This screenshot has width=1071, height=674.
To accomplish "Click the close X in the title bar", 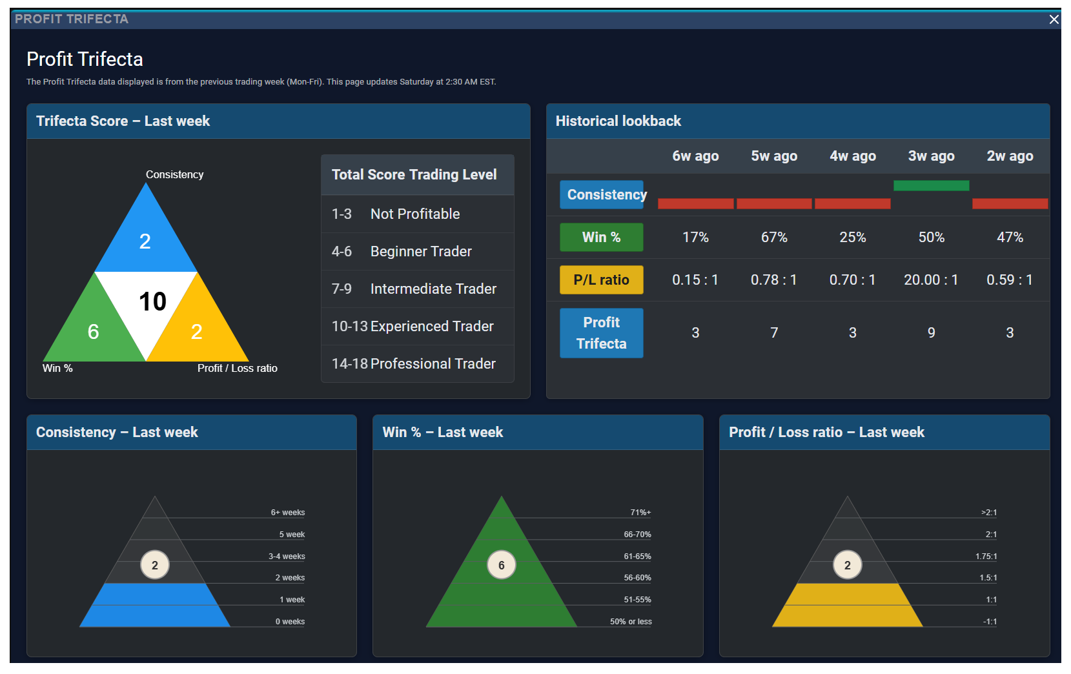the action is click(x=1054, y=19).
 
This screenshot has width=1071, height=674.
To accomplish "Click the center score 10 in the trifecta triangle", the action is click(x=152, y=301).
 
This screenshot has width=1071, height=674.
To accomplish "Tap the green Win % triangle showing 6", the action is click(x=93, y=325).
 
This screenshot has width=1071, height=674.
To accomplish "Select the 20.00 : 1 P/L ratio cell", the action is click(x=931, y=280).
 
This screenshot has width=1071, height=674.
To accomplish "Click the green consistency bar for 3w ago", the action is click(x=932, y=185).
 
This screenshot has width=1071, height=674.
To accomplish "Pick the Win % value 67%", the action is click(x=774, y=237).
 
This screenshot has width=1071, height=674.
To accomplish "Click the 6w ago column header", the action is click(x=695, y=156).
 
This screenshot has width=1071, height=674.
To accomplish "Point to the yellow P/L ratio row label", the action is click(x=602, y=280).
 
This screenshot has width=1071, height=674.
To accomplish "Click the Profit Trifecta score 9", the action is click(x=932, y=332).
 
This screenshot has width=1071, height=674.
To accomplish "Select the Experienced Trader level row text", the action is click(x=432, y=326).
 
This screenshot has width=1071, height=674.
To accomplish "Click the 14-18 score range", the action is click(x=349, y=363).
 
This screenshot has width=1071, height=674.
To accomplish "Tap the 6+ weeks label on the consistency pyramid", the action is click(x=288, y=513).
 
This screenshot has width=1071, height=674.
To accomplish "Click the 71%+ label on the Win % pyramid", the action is click(x=640, y=513).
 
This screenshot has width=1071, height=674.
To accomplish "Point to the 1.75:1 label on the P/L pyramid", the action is click(x=986, y=557).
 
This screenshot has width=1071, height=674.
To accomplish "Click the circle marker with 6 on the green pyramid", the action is click(x=502, y=565).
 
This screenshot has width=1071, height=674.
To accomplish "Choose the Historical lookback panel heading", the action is click(x=618, y=121).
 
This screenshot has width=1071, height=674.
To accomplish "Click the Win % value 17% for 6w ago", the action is click(x=695, y=237).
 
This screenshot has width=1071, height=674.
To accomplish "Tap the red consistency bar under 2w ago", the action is click(x=1010, y=203).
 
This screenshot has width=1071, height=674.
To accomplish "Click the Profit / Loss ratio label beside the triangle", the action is click(x=237, y=368).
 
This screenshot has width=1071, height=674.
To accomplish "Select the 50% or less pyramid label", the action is click(x=631, y=622).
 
